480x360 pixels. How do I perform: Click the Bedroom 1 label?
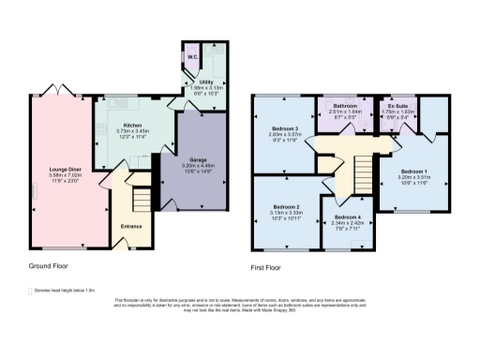413,172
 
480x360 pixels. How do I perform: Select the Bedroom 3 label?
285,127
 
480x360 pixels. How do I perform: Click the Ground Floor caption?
47,266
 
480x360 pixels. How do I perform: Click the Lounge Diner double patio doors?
49,95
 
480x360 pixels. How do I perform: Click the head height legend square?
31,291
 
